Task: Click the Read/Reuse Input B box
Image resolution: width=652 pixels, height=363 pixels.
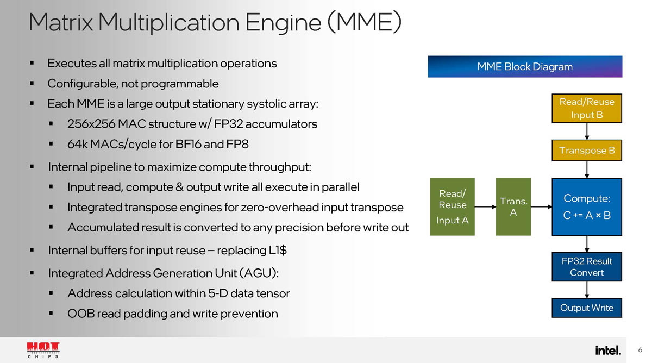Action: [x=586, y=108]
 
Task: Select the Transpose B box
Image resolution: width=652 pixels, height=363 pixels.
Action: [x=586, y=151]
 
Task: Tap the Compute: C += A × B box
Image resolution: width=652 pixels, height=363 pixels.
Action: [x=587, y=207]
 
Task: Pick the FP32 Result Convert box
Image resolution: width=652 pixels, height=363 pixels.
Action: [x=587, y=266]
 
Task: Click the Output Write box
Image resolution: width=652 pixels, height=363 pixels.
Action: [x=587, y=308]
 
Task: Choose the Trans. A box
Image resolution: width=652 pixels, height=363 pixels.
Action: [x=513, y=207]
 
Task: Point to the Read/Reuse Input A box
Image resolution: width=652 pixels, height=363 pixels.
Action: [x=453, y=207]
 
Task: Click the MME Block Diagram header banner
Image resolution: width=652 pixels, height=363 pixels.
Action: [x=525, y=67]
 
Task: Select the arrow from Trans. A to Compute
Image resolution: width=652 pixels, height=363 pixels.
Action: [x=541, y=207]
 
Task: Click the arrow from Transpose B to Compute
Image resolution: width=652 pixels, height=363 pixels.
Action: [x=587, y=169]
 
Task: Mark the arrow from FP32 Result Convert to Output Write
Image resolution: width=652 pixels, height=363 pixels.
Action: [x=587, y=290]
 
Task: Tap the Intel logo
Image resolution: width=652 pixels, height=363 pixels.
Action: [x=607, y=350]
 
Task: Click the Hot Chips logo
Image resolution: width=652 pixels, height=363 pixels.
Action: [x=43, y=350]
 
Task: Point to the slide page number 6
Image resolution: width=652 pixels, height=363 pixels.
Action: [x=640, y=349]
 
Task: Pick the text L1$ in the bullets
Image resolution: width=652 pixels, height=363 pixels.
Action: [x=278, y=251]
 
